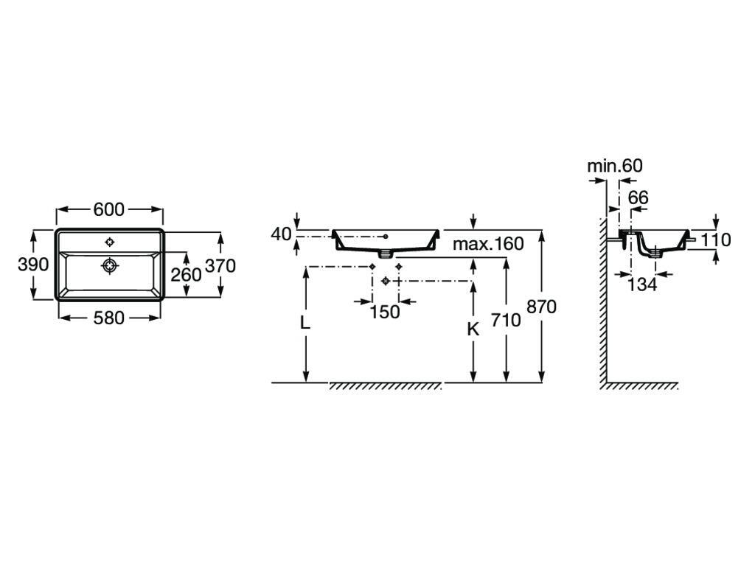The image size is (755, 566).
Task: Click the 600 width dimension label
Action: pyautogui.click(x=108, y=209)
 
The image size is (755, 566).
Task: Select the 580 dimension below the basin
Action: pyautogui.click(x=108, y=318)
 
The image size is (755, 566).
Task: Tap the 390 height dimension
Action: pyautogui.click(x=33, y=265)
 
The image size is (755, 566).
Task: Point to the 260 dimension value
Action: pyautogui.click(x=186, y=275)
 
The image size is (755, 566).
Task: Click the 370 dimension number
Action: pyautogui.click(x=220, y=265)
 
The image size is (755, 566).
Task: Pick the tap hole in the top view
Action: pyautogui.click(x=110, y=242)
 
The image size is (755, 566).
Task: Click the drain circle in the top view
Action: pyautogui.click(x=110, y=265)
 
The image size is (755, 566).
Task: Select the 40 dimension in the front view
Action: pyautogui.click(x=282, y=234)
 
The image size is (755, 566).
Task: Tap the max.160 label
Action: pyautogui.click(x=487, y=244)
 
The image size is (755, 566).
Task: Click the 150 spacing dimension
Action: pyautogui.click(x=384, y=312)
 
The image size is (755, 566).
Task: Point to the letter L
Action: pyautogui.click(x=305, y=323)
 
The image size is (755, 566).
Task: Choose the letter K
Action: pyautogui.click(x=473, y=329)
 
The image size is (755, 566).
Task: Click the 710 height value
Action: pyautogui.click(x=506, y=320)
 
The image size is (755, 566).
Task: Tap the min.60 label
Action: pyautogui.click(x=614, y=166)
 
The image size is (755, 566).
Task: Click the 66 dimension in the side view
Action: pyautogui.click(x=638, y=198)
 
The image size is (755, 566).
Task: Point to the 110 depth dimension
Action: pyautogui.click(x=715, y=240)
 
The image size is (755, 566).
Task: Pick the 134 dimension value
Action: pyautogui.click(x=642, y=284)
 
